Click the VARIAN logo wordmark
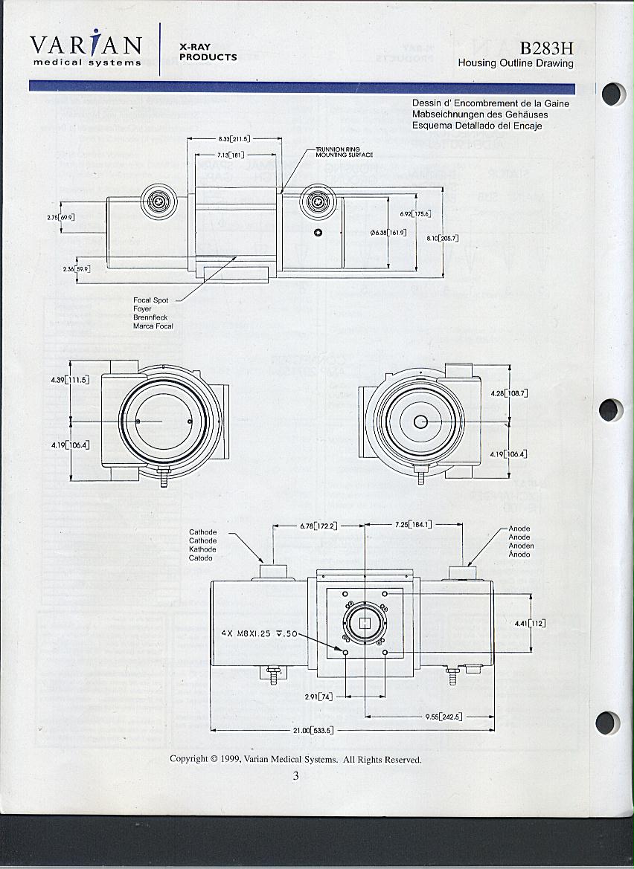(x=86, y=45)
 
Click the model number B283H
(x=546, y=48)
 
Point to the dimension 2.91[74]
(x=318, y=697)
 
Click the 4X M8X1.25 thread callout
(x=259, y=634)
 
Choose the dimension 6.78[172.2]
(x=318, y=526)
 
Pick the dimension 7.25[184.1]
(x=414, y=525)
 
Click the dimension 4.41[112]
(x=531, y=624)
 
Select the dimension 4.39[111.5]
(x=71, y=380)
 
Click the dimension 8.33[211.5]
(x=234, y=139)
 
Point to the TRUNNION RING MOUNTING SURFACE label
(x=344, y=152)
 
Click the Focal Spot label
(x=150, y=300)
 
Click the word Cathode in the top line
(x=202, y=532)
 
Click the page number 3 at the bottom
(x=295, y=776)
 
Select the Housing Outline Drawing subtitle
(x=516, y=63)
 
